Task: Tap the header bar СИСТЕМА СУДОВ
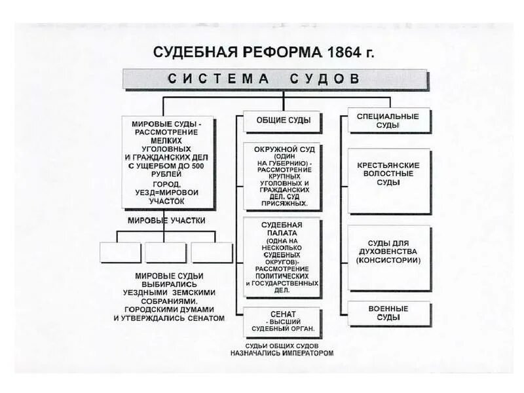coord(275,79)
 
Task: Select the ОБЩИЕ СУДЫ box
coord(282,121)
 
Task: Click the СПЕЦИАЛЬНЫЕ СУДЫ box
coord(388,121)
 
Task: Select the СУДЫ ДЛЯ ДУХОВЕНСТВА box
coord(388,255)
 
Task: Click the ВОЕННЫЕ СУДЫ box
coord(388,313)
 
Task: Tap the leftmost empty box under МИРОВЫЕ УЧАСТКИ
coord(121,252)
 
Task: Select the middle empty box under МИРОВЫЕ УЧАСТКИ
coord(166,252)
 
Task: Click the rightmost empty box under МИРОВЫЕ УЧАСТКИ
coord(212,252)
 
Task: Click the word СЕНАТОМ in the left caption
coord(204,318)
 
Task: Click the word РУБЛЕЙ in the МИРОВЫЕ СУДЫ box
coord(167,175)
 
